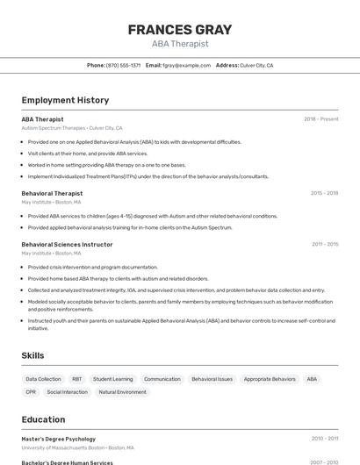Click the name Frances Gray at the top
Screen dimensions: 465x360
[180, 30]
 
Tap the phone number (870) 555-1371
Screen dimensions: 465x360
[123, 66]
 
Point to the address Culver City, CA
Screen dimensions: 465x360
[257, 66]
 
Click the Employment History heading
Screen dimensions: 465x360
[65, 101]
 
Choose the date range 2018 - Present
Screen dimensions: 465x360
[320, 119]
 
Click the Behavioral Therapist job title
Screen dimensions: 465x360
[52, 193]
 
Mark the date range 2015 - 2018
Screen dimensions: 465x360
[324, 193]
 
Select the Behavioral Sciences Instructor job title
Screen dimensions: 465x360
[67, 245]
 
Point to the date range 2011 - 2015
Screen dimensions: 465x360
[324, 245]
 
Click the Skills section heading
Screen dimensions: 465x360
[33, 355]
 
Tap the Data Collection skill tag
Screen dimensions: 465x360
[43, 379]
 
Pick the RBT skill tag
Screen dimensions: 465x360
[77, 379]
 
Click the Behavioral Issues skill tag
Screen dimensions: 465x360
[212, 379]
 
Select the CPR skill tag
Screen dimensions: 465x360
[31, 392]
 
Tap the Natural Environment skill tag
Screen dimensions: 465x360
[122, 392]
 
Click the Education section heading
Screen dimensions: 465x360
[43, 419]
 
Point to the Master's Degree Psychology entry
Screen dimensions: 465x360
[58, 439]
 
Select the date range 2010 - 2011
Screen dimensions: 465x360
[324, 439]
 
